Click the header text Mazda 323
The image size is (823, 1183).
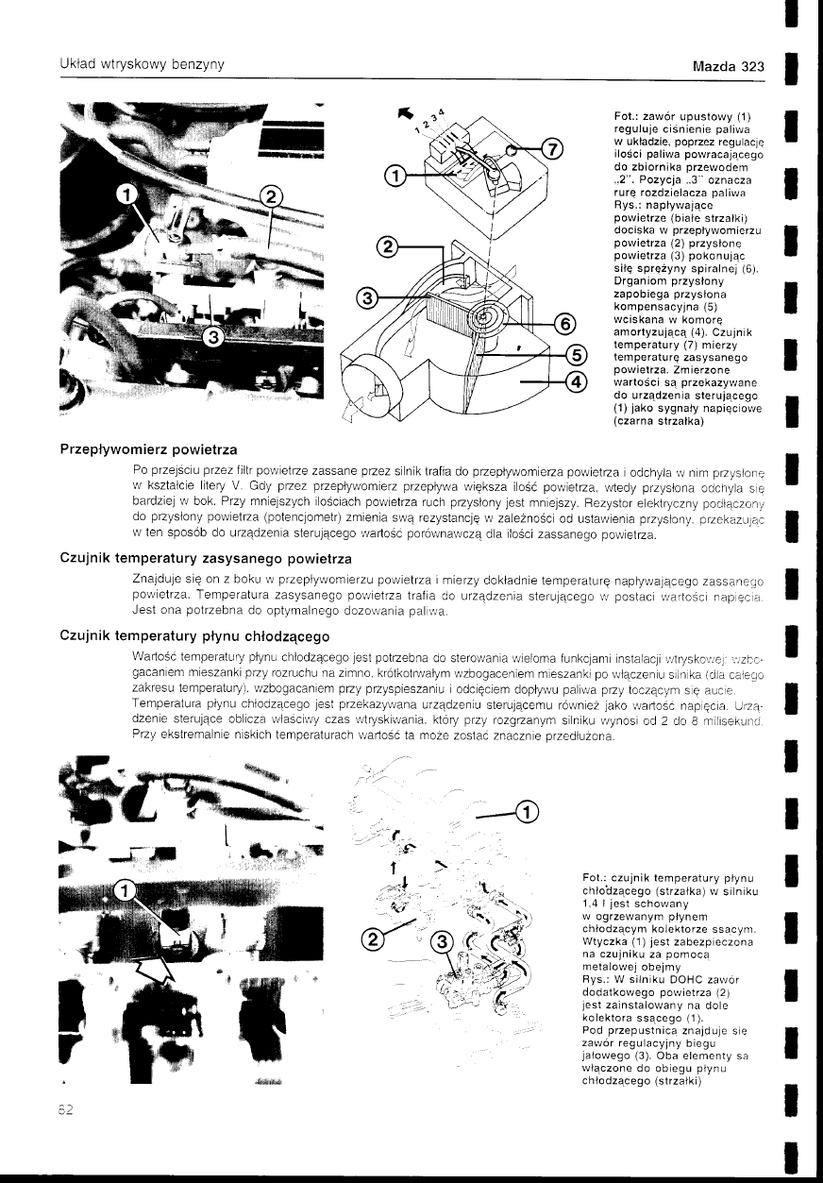[x=727, y=68]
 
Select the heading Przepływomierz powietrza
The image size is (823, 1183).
[x=148, y=447]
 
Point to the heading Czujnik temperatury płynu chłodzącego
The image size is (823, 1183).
[x=193, y=638]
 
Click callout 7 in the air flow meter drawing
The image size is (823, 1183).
[x=553, y=150]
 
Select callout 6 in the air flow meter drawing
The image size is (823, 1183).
[x=563, y=324]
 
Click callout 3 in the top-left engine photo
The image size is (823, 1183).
[x=214, y=336]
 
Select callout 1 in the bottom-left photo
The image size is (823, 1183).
[x=124, y=889]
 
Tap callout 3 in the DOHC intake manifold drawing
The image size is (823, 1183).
[x=442, y=941]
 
